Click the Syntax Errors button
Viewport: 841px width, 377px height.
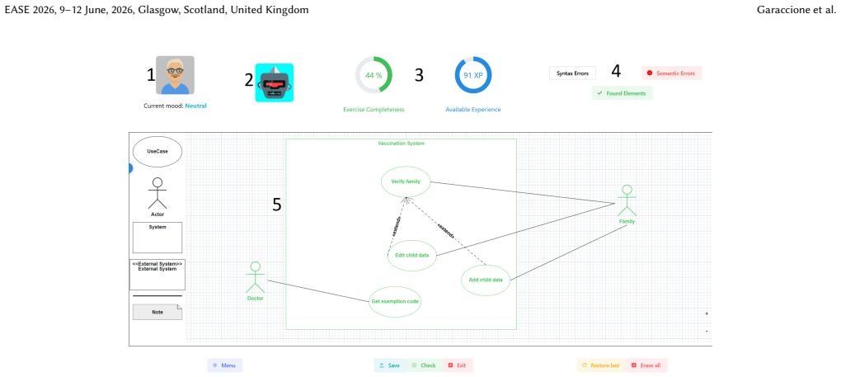[x=572, y=73]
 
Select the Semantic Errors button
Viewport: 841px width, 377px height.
[x=671, y=73]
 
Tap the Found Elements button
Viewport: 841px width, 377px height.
[x=623, y=92]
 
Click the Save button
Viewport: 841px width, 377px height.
[x=390, y=365]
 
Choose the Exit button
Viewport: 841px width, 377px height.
[x=458, y=365]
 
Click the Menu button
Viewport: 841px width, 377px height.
[x=225, y=365]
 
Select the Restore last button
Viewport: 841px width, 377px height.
[x=601, y=365]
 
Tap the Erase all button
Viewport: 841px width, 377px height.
[x=646, y=365]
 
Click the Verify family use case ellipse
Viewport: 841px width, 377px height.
[x=406, y=181]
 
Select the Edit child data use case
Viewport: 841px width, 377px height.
[x=412, y=255]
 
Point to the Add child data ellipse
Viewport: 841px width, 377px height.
[x=486, y=280]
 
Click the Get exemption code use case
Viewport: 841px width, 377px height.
[x=395, y=301]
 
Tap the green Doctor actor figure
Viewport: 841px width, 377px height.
[x=256, y=278]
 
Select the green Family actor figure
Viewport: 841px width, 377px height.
[x=627, y=201]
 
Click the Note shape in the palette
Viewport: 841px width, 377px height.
[x=157, y=312]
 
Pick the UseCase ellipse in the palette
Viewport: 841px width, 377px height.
[x=157, y=151]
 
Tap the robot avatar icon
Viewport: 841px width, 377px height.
[x=274, y=83]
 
